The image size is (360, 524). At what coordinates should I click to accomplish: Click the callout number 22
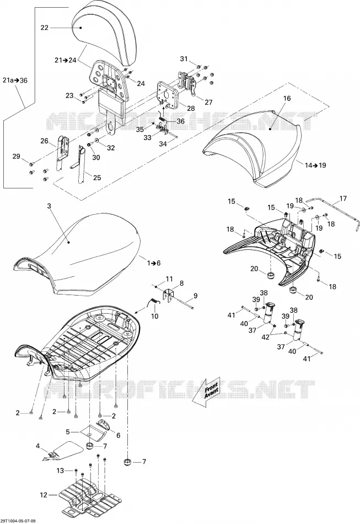point(45,28)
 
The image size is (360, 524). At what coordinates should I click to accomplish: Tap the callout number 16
point(287,98)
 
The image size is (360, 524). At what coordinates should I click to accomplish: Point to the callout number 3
point(49,206)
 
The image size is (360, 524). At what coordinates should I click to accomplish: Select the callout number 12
point(44,495)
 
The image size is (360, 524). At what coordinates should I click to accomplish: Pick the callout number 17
point(343,199)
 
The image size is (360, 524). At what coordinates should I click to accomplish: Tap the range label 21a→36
point(15,81)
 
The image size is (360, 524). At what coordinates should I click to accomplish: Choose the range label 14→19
point(315,165)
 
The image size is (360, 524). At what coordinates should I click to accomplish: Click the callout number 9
point(196,296)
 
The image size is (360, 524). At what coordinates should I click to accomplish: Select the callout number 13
point(60,470)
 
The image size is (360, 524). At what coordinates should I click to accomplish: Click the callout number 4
point(37,446)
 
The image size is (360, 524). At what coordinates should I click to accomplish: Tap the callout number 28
point(191,108)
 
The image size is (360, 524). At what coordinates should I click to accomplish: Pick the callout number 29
point(16,156)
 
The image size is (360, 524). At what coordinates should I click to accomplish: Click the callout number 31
point(184,59)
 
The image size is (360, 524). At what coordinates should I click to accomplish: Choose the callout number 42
point(265,338)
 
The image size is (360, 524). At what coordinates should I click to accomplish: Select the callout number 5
point(68,432)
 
